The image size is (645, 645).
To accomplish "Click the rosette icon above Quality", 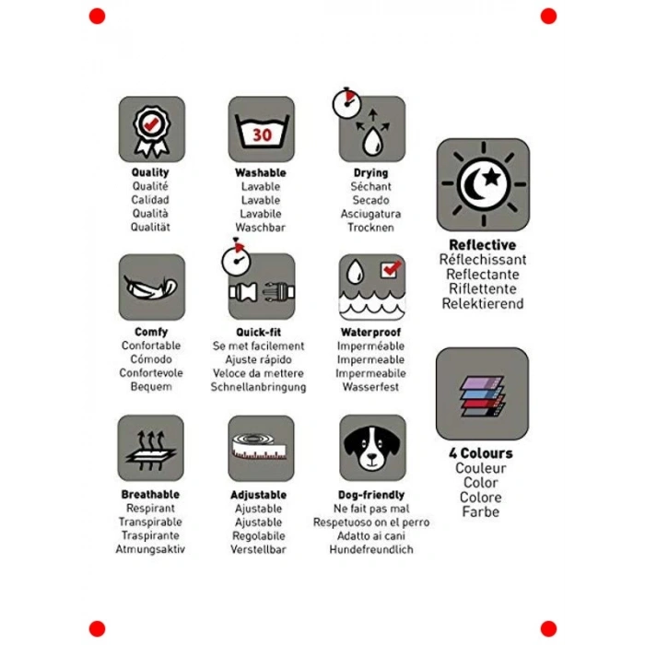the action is coord(151,132).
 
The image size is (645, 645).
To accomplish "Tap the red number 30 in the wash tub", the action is coord(262,135).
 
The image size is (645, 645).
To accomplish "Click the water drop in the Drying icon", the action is coord(372,142).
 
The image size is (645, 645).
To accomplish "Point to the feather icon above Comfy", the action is coord(150,287).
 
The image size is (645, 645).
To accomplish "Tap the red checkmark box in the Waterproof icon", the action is coord(390,269).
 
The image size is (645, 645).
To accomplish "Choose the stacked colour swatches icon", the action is coord(482,396).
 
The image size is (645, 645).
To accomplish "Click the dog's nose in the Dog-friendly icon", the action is coord(372,456).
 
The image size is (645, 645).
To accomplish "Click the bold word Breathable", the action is coord(150,495).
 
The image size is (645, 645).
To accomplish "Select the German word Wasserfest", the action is coord(370,387).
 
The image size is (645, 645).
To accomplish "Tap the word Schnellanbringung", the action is coord(258,388).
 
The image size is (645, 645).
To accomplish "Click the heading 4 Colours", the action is coord(481,453).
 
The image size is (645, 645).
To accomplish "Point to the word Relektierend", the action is coord(483,303).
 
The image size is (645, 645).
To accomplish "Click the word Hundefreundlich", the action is coord(371,549).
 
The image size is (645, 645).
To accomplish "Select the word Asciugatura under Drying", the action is coord(370,214).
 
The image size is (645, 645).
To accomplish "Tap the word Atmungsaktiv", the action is coord(150,549).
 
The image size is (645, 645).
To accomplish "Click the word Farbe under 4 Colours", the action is coord(480,511).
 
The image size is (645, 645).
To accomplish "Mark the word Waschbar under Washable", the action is coord(261,228).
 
